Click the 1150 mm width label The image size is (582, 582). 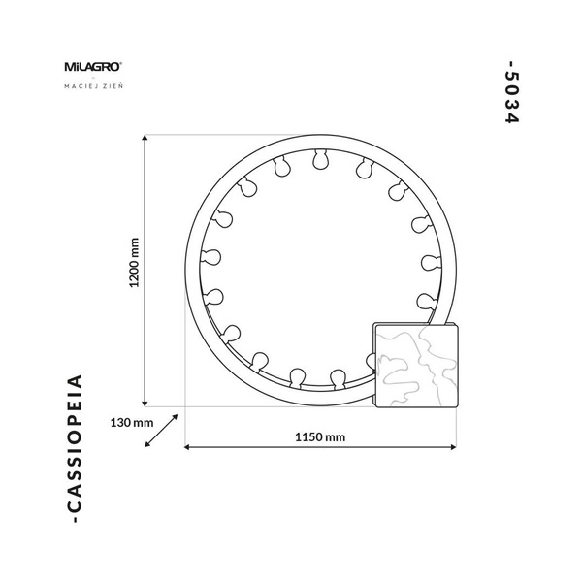(321, 436)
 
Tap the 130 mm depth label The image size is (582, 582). (133, 423)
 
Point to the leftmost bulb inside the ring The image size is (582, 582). (210, 257)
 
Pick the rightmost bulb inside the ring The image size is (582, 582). (428, 261)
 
